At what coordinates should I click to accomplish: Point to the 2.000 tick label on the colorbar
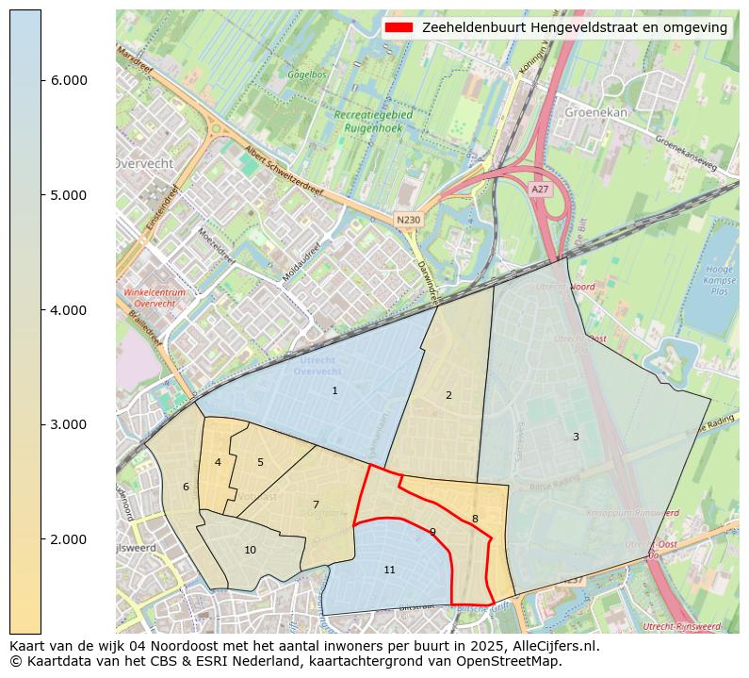click(69, 539)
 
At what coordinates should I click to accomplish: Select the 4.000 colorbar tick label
click(69, 310)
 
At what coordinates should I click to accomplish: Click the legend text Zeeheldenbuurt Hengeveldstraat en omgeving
click(575, 27)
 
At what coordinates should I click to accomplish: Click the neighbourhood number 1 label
click(334, 390)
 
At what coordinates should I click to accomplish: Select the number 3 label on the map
click(576, 437)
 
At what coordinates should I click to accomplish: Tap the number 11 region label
click(389, 571)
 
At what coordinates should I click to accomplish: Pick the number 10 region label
click(250, 550)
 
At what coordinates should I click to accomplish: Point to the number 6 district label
click(186, 487)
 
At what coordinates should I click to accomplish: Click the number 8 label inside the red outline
click(475, 519)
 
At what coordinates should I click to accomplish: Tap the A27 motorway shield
click(540, 190)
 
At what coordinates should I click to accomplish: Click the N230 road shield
click(408, 220)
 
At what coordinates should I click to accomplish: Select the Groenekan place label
click(595, 111)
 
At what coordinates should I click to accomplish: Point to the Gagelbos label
click(307, 73)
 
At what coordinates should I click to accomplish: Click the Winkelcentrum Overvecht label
click(155, 298)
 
